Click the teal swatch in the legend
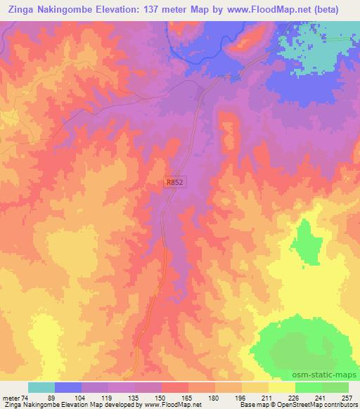pos(41,387)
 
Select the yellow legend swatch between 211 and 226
pos(282,387)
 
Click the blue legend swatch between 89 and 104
pos(68,387)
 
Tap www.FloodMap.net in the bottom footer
pos(167,405)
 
